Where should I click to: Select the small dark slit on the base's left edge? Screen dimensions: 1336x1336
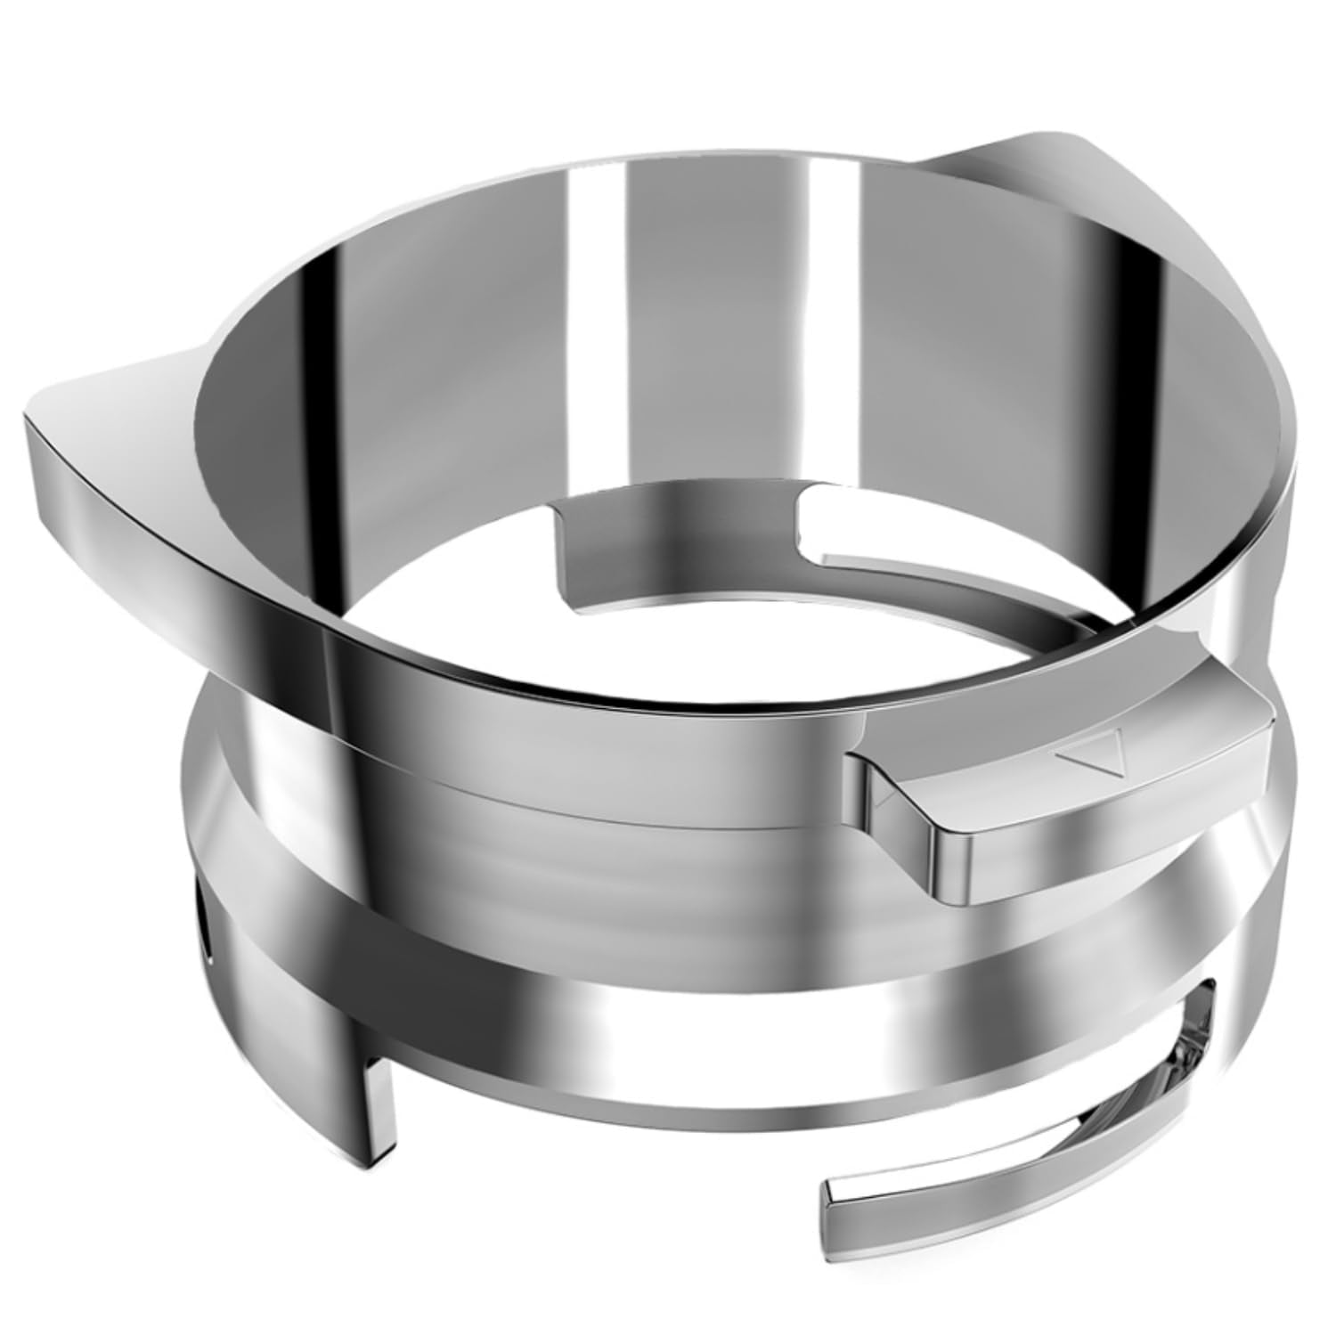(208, 935)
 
